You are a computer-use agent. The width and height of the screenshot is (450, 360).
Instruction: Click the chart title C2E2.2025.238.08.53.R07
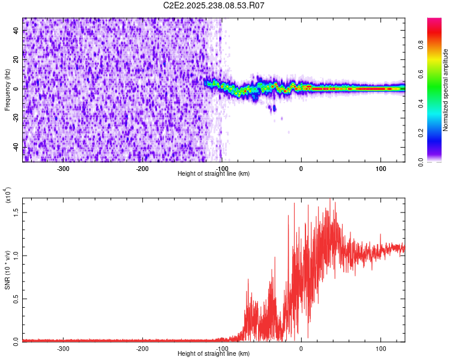tap(214, 5)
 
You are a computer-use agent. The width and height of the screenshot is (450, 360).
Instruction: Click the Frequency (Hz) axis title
tap(7, 90)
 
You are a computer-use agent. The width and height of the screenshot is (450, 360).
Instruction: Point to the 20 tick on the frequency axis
tap(16, 59)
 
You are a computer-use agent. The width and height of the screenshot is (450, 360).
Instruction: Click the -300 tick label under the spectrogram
tap(64, 169)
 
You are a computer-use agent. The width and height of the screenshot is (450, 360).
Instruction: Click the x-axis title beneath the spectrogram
tap(214, 174)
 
